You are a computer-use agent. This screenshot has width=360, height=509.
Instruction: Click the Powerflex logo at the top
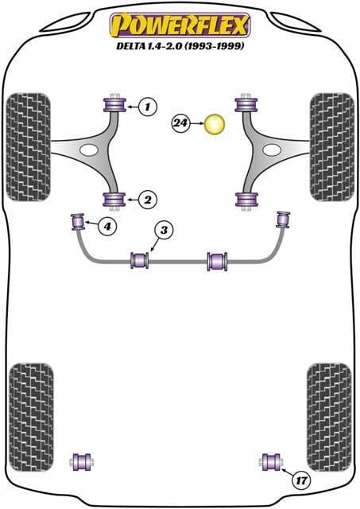(x=180, y=25)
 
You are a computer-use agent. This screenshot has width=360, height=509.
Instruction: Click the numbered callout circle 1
(x=148, y=106)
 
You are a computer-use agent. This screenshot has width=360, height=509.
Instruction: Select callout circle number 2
(x=148, y=200)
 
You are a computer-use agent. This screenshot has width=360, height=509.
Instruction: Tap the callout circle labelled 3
(x=165, y=230)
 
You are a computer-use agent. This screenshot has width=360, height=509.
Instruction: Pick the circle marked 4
(x=107, y=225)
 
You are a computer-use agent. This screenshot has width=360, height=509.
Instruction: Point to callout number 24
(x=180, y=123)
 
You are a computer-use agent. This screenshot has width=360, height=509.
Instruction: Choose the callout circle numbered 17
(x=301, y=480)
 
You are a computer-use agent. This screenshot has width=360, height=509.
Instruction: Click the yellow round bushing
(x=215, y=124)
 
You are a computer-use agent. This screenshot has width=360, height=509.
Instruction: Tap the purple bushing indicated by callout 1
(x=114, y=104)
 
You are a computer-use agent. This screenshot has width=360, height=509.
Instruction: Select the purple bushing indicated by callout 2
(x=114, y=200)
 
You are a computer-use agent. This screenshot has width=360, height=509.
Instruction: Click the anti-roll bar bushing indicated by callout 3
(x=140, y=260)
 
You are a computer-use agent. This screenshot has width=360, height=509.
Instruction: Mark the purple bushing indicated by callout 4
(x=78, y=221)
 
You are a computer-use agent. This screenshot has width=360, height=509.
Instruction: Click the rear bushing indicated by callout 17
(x=272, y=461)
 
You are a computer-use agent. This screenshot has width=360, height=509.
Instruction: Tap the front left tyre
(x=29, y=147)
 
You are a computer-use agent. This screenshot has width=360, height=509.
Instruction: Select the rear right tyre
(x=329, y=417)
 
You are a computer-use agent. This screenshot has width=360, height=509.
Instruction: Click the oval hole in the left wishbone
(x=88, y=150)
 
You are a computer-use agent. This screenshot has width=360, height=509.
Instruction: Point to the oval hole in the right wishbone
(x=272, y=150)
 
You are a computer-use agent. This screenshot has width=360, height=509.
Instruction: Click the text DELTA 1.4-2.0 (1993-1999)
(x=180, y=46)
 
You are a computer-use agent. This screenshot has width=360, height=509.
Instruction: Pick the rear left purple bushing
(x=82, y=461)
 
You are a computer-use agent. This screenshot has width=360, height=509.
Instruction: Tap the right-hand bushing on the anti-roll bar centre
(x=217, y=261)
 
